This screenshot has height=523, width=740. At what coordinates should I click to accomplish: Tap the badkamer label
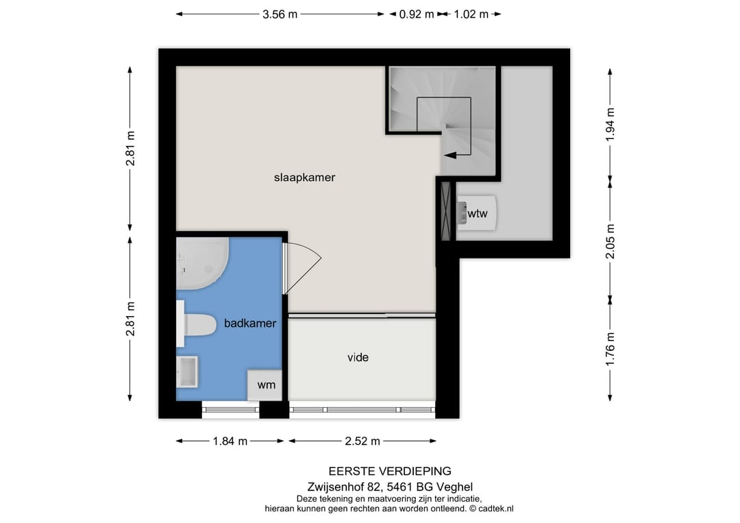pos(250,323)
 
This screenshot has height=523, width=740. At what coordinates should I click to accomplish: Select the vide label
pos(358,357)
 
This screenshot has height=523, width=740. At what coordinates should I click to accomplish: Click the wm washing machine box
pos(266,385)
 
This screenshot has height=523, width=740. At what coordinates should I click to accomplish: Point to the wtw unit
pos(476,214)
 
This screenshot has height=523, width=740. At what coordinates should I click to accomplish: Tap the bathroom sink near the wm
pos(187,372)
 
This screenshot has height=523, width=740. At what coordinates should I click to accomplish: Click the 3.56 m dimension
pos(280,14)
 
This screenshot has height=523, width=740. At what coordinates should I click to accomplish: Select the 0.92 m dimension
pos(416,14)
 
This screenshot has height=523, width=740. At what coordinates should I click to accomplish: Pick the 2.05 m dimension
pos(610,241)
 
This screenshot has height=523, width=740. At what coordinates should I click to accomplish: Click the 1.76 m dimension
pos(610,348)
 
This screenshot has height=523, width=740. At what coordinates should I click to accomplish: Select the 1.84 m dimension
pos(230,441)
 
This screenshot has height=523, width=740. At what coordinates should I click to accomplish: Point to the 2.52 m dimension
pos(362,441)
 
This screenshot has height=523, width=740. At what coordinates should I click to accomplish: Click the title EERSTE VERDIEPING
pos(390,471)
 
